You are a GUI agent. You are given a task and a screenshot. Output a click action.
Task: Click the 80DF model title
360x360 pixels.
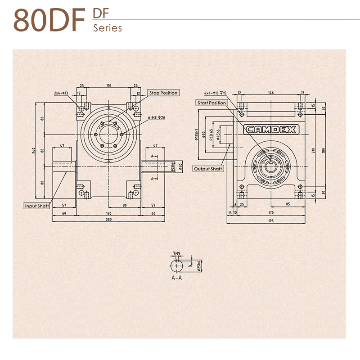tap(49, 20)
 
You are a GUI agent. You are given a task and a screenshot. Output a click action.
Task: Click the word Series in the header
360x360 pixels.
tap(108, 28)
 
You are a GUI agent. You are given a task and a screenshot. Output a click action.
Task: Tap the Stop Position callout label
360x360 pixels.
tap(163, 93)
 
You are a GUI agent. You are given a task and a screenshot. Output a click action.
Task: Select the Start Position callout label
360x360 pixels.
tap(211, 103)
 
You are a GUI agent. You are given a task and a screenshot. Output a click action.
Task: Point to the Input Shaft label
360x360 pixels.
tap(37, 206)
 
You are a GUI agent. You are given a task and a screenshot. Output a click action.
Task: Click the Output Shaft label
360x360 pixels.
tap(208, 169)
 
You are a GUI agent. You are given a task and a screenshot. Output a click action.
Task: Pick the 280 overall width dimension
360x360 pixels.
tap(108, 220)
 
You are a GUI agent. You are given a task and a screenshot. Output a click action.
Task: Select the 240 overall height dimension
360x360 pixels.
tap(34, 150)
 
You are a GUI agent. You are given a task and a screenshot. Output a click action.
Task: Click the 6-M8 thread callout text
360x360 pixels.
tap(157, 117)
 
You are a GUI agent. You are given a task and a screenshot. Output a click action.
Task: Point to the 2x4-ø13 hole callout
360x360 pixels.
tap(61, 93)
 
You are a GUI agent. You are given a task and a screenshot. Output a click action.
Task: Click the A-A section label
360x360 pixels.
tap(177, 278)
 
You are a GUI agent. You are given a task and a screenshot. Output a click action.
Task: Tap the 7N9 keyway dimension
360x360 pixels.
tap(177, 254)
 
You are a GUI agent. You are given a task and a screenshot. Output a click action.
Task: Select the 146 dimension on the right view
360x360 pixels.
tap(270, 93)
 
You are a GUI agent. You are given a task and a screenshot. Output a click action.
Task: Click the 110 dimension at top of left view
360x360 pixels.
tap(108, 85)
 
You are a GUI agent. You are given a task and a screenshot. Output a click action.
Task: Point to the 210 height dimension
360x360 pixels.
tap(313, 150)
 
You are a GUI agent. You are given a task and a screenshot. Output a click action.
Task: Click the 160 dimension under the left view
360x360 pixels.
tap(108, 213)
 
